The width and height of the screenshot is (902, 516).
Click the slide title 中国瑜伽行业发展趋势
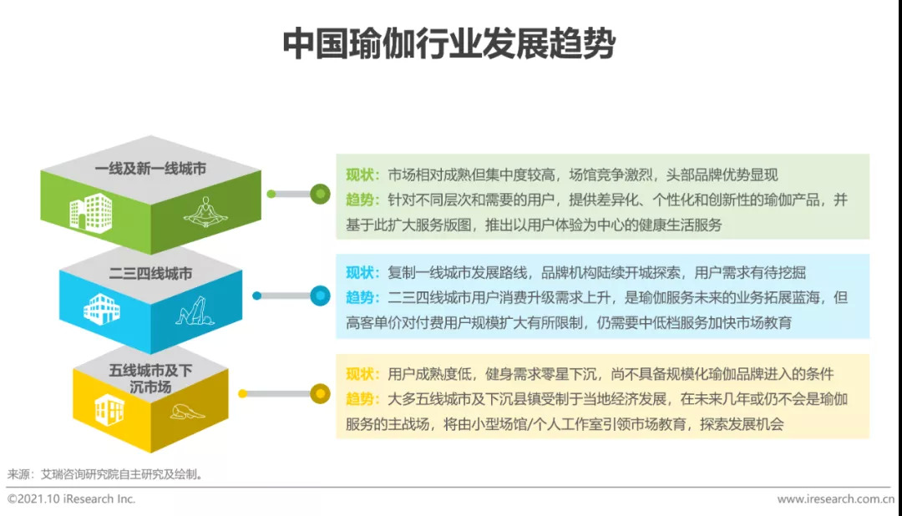pyautogui.click(x=448, y=43)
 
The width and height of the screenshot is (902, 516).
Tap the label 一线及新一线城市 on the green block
pyautogui.click(x=150, y=169)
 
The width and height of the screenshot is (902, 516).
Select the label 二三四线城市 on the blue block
pyautogui.click(x=150, y=273)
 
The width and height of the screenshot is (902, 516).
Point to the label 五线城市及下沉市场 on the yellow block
pyautogui.click(x=150, y=378)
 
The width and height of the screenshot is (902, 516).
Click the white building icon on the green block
pyautogui.click(x=91, y=213)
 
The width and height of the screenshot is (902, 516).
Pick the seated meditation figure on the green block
pyautogui.click(x=205, y=212)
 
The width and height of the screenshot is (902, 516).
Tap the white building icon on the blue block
pyautogui.click(x=102, y=309)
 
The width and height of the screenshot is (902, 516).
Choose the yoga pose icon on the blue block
pyautogui.click(x=195, y=311)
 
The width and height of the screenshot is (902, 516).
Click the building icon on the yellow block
pyautogui.click(x=109, y=410)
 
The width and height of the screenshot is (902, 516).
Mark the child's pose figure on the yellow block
pyautogui.click(x=187, y=412)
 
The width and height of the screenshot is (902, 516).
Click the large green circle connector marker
pyautogui.click(x=320, y=194)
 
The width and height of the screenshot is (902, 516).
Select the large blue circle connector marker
pyautogui.click(x=320, y=296)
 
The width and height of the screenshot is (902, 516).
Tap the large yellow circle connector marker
pyautogui.click(x=320, y=394)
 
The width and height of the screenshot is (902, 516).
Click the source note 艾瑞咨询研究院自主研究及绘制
pyautogui.click(x=119, y=474)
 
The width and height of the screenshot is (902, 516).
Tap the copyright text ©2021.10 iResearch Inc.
pyautogui.click(x=71, y=498)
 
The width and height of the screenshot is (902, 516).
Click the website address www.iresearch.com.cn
pyautogui.click(x=836, y=498)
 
